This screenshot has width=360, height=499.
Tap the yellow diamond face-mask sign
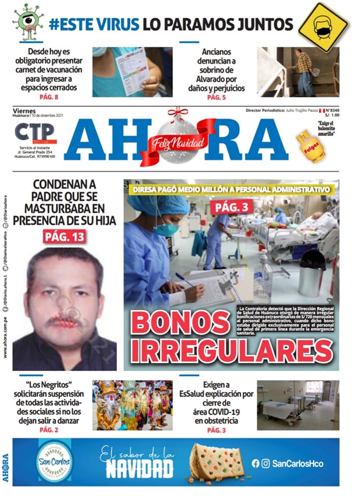point(323,26)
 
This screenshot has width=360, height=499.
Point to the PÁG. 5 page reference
point(216,97)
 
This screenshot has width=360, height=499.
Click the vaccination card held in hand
point(131,71)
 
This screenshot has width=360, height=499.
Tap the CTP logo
point(34,133)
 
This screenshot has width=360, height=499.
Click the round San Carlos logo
point(54,461)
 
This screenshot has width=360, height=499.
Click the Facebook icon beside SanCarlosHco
point(255,463)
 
